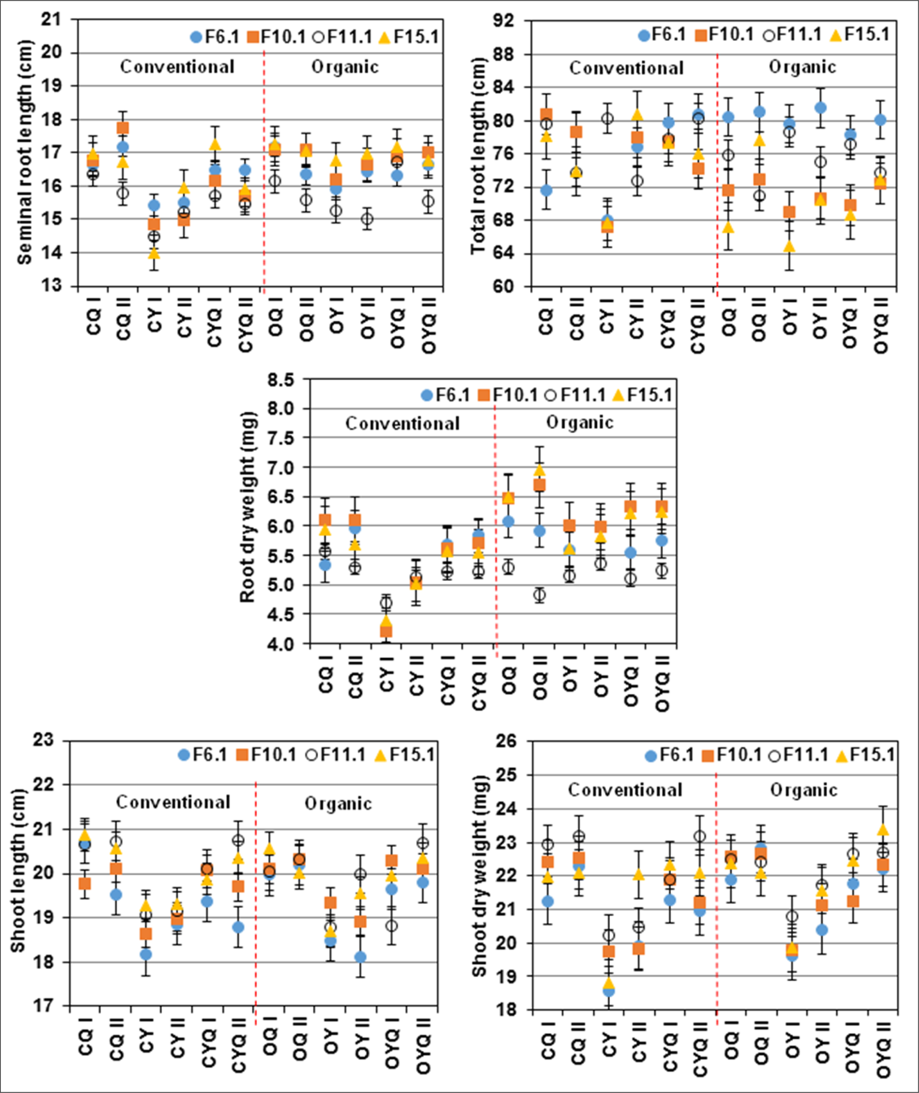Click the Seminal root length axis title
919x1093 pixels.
coord(25,152)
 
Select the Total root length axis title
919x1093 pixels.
coord(478,154)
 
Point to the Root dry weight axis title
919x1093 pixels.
coord(247,507)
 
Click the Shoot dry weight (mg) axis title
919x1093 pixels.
coord(479,876)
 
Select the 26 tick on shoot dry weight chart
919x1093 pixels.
coord(507,742)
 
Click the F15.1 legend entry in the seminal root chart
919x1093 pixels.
coord(409,37)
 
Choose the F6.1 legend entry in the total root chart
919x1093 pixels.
coord(662,35)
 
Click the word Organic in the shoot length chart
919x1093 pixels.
coord(338,804)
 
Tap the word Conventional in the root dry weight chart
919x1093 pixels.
coord(402,424)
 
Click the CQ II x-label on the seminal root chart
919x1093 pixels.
coord(124,326)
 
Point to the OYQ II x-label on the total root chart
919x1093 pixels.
coord(881,332)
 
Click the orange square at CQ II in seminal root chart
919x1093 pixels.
coord(123,128)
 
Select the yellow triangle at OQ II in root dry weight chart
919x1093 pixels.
coord(539,470)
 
